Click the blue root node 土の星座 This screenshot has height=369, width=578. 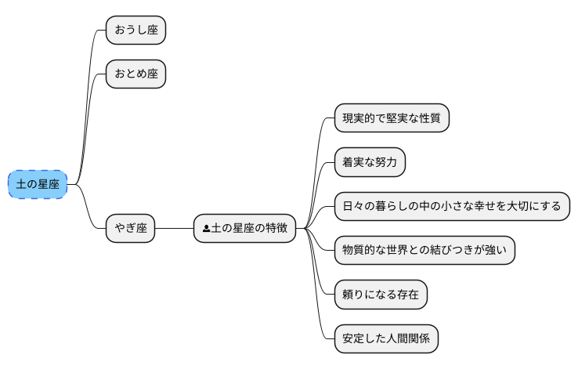coord(38,184)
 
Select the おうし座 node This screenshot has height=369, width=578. coord(136,30)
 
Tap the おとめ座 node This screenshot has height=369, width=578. coord(136,74)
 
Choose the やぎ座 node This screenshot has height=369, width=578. coord(131,229)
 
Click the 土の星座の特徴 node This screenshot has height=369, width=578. coord(244,229)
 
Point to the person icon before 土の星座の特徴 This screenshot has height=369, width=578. coord(206,230)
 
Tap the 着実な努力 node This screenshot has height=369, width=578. coord(370,163)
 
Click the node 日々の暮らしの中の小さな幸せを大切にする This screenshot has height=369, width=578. coord(452,207)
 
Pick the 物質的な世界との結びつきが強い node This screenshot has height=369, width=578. coord(424,251)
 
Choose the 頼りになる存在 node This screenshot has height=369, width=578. coord(381,295)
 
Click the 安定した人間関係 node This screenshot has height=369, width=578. coord(386,339)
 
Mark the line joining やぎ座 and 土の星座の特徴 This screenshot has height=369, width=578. coord(175,229)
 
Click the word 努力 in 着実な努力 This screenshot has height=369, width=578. coord(386,163)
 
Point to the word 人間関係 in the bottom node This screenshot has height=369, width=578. coord(408,339)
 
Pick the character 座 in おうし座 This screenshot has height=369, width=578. coord(153,30)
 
